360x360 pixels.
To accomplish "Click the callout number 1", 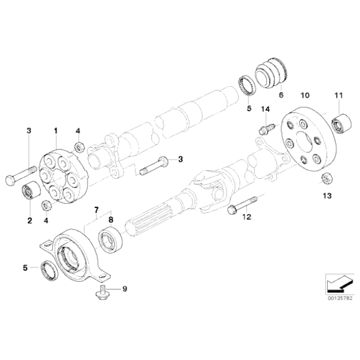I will click(55, 131).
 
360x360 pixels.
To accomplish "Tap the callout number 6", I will click(281, 96).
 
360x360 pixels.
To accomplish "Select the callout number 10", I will click(305, 96).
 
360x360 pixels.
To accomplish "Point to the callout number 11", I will click(338, 96).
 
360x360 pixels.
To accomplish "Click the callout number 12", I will click(246, 217).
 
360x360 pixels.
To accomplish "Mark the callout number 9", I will click(124, 289).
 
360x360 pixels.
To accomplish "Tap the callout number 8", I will click(111, 219).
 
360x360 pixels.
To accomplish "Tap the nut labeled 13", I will click(325, 179).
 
